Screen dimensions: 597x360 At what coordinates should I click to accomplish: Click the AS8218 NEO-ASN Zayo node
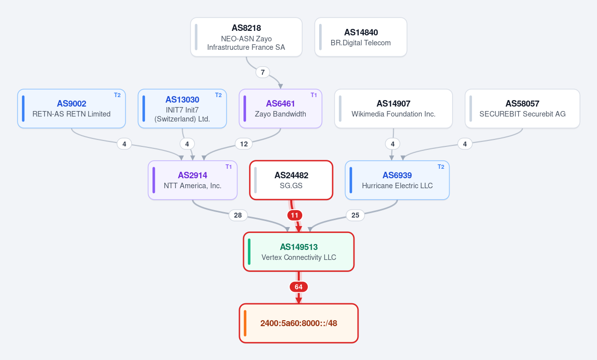pos(246,37)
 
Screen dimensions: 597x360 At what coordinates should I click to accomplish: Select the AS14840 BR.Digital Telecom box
pos(360,37)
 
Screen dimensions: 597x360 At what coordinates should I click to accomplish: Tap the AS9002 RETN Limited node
pos(72,109)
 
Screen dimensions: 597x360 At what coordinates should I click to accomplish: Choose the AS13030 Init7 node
pos(182,109)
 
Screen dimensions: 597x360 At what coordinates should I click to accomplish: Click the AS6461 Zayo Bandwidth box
pos(281,109)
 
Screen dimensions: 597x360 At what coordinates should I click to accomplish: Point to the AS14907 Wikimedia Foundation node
pos(393,109)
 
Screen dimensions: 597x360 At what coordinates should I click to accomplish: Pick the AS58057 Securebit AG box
pos(522,109)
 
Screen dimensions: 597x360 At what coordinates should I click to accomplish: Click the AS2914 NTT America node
pos(193,180)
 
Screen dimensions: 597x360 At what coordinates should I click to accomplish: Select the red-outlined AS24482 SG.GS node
pos(291,180)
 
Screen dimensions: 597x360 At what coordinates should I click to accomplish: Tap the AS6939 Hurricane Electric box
pos(397,180)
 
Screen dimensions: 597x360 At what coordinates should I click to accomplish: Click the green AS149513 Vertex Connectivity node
pos(299,251)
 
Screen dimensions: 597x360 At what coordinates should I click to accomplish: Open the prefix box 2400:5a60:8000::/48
pos(299,323)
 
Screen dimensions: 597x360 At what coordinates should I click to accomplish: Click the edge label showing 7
pos(263,72)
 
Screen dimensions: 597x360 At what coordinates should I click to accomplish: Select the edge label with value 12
pos(244,144)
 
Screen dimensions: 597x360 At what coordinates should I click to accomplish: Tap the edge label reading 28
pos(238,216)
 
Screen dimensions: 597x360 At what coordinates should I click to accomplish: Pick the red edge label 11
pos(295,216)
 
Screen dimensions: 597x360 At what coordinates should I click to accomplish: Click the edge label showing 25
pos(355,216)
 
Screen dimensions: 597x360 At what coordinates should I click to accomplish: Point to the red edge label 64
pos(299,287)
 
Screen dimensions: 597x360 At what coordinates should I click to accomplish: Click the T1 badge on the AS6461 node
pos(314,95)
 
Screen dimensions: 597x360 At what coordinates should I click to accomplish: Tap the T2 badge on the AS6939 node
pos(441,167)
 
